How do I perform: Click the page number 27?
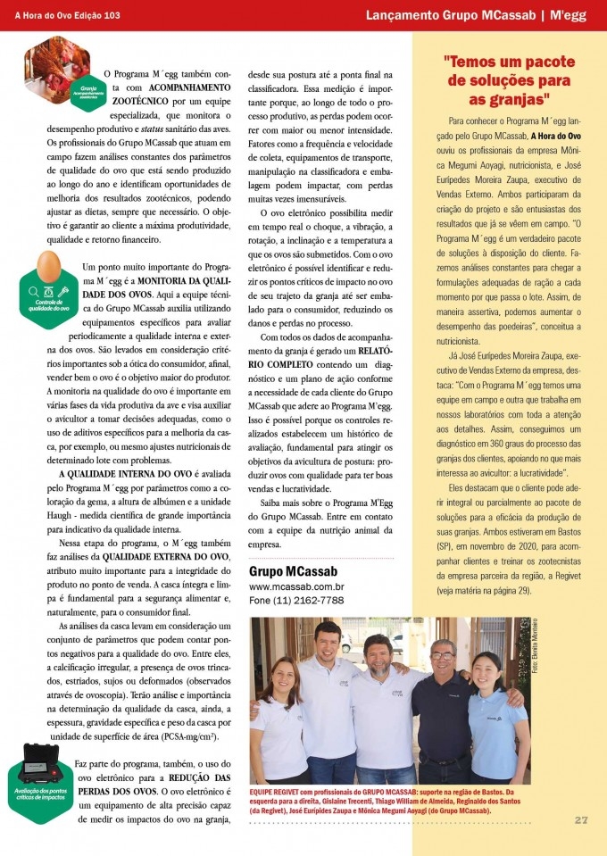tap(580, 820)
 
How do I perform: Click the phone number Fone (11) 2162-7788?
tap(295, 601)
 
